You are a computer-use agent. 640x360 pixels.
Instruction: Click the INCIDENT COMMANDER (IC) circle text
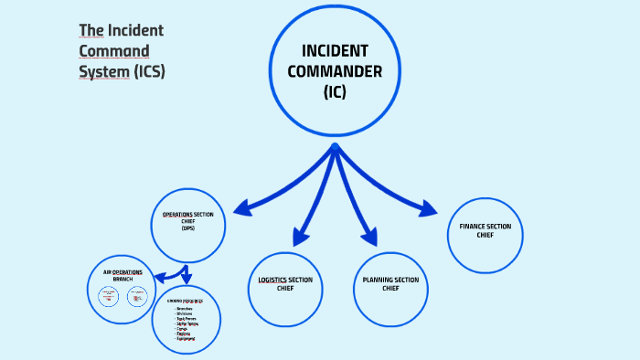tap(335, 70)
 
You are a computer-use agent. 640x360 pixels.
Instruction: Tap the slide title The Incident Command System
tap(122, 50)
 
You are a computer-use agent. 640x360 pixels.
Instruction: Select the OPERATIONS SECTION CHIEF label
tap(187, 218)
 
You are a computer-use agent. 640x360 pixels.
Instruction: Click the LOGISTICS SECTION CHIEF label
tap(286, 283)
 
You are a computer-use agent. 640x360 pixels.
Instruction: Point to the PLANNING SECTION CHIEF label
tap(390, 283)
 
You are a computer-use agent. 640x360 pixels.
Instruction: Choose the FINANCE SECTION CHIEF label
tap(485, 230)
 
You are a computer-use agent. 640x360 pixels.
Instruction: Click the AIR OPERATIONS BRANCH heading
tap(123, 275)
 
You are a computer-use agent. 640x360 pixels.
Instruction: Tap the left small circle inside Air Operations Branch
tap(109, 296)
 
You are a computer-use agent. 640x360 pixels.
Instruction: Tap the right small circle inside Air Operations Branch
tap(137, 296)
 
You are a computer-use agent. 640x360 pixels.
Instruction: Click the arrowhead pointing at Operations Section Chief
tap(240, 209)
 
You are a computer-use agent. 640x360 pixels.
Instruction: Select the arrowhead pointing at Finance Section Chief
tap(429, 210)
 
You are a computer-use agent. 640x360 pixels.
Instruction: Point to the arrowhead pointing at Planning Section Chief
tap(368, 238)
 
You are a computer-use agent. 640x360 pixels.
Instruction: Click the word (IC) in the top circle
tap(335, 92)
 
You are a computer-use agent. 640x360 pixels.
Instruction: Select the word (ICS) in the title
tap(149, 71)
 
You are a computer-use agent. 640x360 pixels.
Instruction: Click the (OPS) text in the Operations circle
tap(187, 228)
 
